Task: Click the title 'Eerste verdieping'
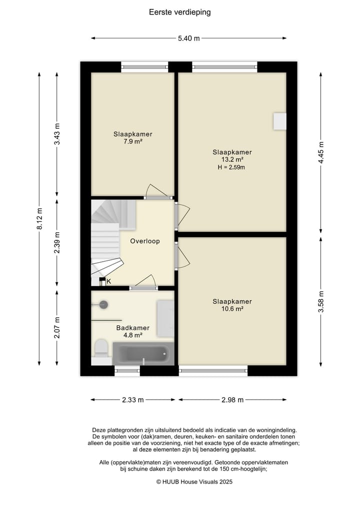pos(179,12)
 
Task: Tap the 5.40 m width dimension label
pos(189,38)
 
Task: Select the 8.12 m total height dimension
pos(39,218)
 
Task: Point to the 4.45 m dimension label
pos(321,152)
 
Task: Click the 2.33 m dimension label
pos(132,400)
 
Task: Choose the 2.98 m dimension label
pos(232,400)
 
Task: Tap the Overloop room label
pos(145,241)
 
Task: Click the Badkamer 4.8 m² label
pos(133,332)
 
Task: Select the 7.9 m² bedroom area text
pos(133,141)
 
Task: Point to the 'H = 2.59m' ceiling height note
pos(231,167)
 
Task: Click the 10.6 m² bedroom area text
pos(232,309)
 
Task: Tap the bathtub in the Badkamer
pos(143,354)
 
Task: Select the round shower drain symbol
pos(103,305)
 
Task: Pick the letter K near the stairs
pos(108,281)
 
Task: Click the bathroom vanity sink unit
pos(165,319)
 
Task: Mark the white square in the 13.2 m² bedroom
pos(279,121)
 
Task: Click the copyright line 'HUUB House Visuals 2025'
pos(194,482)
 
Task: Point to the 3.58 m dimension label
pos(321,301)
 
